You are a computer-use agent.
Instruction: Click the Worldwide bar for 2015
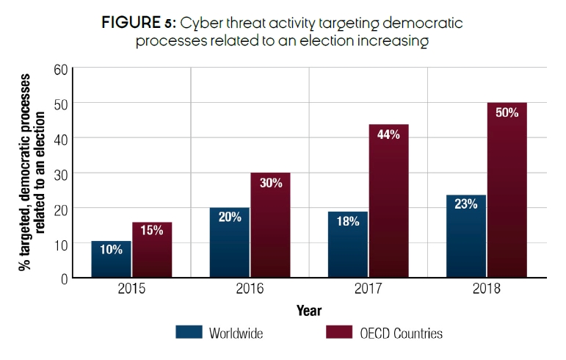pyautogui.click(x=112, y=260)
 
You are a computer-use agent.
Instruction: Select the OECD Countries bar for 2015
pyautogui.click(x=152, y=251)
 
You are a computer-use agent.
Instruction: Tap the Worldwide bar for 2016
pyautogui.click(x=230, y=243)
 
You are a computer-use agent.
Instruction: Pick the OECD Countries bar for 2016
pyautogui.click(x=270, y=226)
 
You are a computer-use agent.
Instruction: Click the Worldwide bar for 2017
pyautogui.click(x=348, y=245)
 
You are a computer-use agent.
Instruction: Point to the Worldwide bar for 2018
pyautogui.click(x=465, y=237)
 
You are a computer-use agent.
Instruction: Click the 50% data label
pyautogui.click(x=506, y=112)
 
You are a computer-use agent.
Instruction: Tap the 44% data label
pyautogui.click(x=388, y=134)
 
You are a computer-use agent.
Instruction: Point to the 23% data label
pyautogui.click(x=465, y=205)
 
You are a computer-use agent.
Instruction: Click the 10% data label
pyautogui.click(x=112, y=250)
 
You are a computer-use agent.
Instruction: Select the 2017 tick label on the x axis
pyautogui.click(x=368, y=289)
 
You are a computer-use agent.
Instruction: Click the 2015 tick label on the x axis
pyautogui.click(x=132, y=289)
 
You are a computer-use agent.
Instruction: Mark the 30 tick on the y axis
pyautogui.click(x=60, y=173)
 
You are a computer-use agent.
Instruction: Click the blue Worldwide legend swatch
pyautogui.click(x=189, y=332)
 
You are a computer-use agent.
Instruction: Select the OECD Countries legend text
pyautogui.click(x=401, y=333)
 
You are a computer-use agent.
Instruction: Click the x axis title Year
pyautogui.click(x=309, y=311)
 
